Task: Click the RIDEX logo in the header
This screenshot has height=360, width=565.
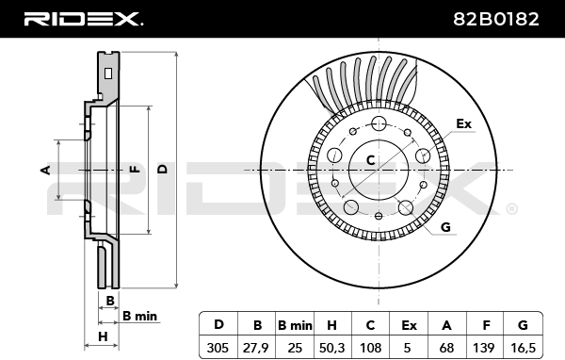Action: pos(84,19)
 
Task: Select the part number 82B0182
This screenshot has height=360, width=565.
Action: pos(496,19)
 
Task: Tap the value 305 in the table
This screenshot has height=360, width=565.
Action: pos(218,348)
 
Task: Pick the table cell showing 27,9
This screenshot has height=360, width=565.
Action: pos(256,348)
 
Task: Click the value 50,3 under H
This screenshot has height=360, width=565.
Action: pos(331,348)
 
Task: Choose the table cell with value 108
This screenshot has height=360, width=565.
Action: pos(370,348)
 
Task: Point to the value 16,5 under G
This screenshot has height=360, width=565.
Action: pos(523,348)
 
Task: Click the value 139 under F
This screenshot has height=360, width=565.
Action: pos(484,348)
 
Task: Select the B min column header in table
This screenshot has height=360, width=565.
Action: pos(295,325)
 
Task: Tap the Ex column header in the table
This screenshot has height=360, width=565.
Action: pos(409,325)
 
